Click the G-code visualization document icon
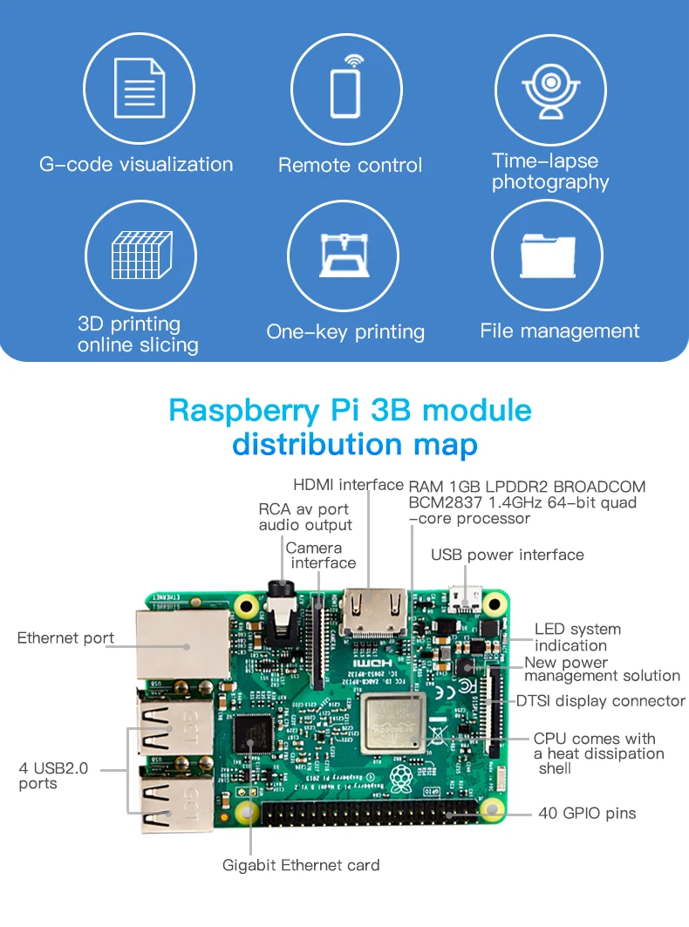(140, 88)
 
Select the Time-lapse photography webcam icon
(551, 88)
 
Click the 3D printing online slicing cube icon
(140, 255)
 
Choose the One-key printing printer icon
(346, 255)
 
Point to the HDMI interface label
(348, 485)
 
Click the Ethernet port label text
(65, 638)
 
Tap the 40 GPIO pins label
(587, 814)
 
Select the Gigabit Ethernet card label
(301, 865)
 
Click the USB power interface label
(507, 555)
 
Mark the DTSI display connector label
(601, 701)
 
